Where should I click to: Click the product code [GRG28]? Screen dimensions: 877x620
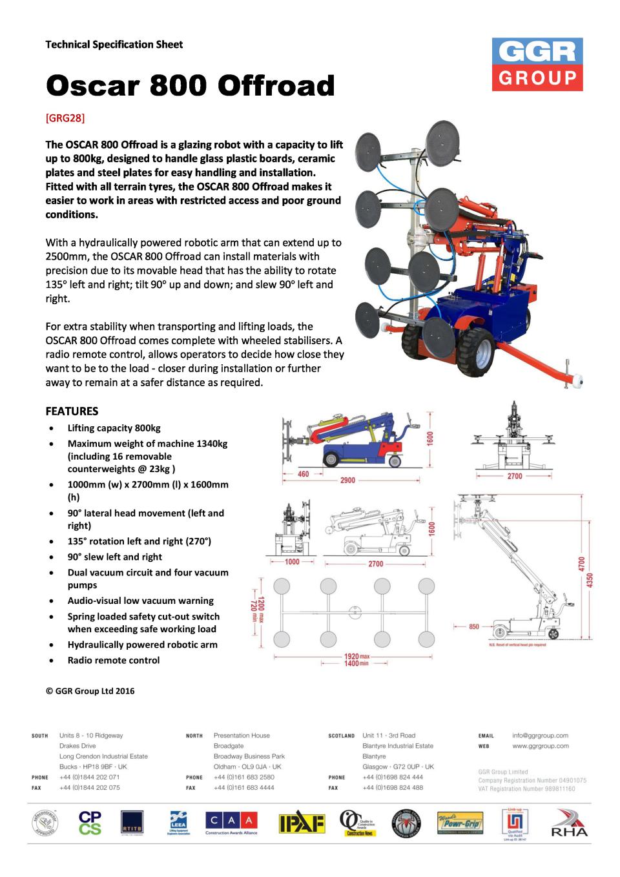tap(65, 119)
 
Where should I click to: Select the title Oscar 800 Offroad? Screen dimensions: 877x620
tap(191, 86)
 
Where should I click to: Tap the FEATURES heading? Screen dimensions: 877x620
tap(72, 411)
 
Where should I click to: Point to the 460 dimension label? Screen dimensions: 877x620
tap(303, 474)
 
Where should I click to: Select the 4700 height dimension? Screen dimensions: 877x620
tap(582, 564)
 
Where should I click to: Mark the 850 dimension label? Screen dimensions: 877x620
tap(474, 626)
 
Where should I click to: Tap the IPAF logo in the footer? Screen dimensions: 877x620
tap(302, 823)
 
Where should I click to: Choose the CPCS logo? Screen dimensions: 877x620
tap(90, 823)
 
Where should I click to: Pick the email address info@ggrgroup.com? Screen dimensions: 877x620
tap(540, 736)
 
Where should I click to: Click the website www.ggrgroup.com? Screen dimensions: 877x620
tap(541, 746)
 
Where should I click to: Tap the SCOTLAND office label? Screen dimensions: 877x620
tap(341, 736)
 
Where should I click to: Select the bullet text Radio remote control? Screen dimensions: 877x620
tap(114, 660)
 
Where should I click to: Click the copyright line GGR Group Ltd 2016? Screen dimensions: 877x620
tap(90, 691)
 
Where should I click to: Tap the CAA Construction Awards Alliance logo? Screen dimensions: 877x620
tap(231, 823)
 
